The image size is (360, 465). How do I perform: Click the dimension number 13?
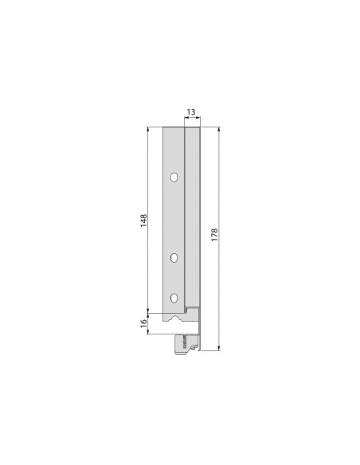191,113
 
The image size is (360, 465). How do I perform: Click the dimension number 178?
214,236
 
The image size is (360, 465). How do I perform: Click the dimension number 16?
143,323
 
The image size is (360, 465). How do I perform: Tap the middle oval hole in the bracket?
174,256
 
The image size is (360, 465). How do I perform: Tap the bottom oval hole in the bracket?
174,298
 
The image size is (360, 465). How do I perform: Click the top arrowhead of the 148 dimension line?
148,128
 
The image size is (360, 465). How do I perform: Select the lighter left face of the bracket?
172,215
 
